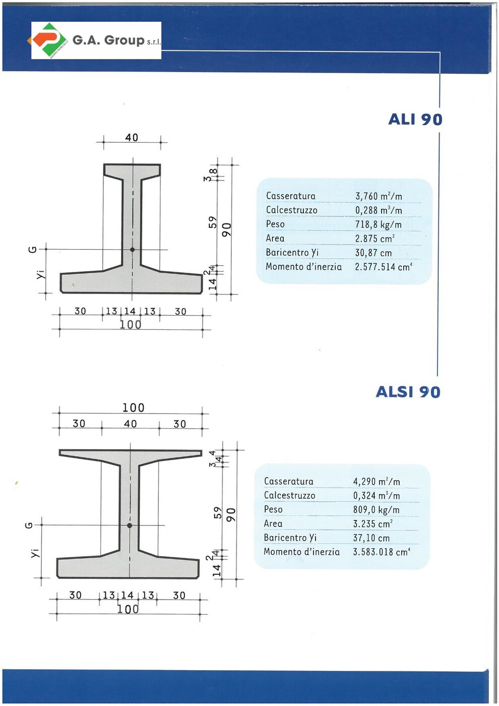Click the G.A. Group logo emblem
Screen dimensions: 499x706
tap(48, 40)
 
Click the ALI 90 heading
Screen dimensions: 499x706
tap(415, 119)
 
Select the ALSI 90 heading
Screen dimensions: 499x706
tap(408, 392)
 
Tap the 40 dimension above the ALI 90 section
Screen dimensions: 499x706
tap(132, 137)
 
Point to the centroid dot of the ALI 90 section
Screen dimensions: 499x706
tap(132, 250)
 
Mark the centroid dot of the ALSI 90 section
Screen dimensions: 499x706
tap(130, 525)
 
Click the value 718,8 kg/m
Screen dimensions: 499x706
tap(378, 225)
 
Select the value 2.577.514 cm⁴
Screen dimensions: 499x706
tap(383, 267)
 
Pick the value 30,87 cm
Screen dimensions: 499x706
tap(373, 253)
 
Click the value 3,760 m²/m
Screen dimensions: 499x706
tap(379, 196)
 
